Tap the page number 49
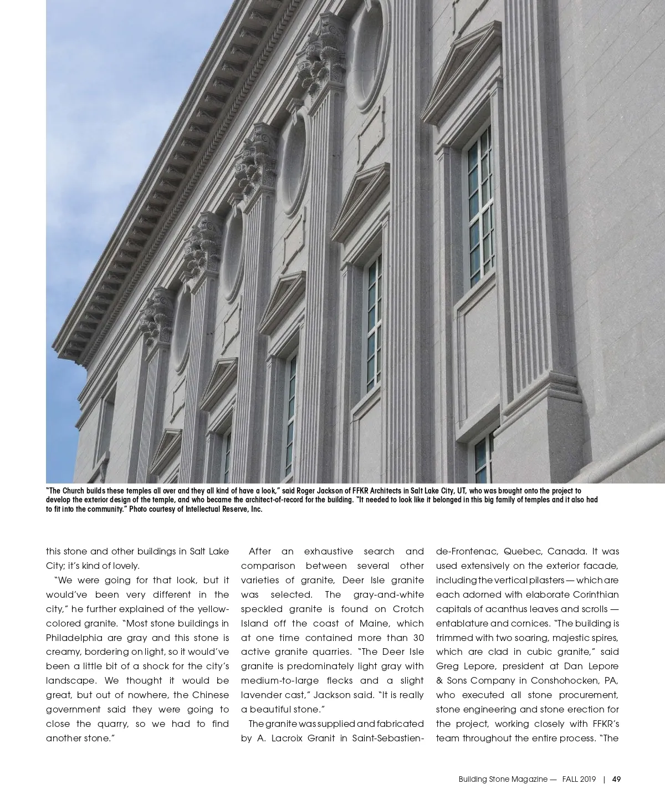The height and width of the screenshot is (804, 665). [616, 779]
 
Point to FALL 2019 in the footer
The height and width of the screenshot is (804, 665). [579, 779]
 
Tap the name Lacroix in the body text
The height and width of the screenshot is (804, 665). [291, 738]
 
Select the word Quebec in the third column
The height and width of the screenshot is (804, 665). [521, 551]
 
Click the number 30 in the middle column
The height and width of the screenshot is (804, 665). [418, 638]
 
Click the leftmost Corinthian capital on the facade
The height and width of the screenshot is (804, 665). [157, 316]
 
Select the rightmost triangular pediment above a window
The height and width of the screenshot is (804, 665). [462, 80]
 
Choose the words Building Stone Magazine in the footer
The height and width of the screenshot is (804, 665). [503, 779]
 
